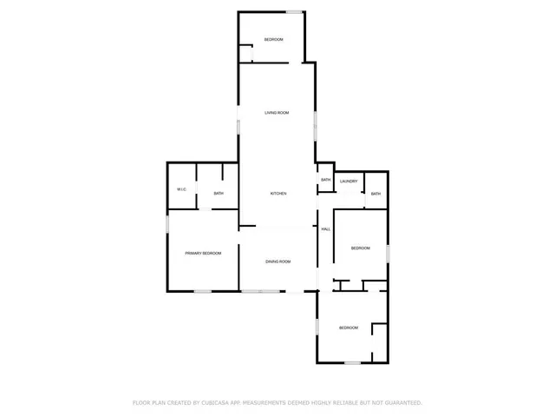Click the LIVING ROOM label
point(277,113)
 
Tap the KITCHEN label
point(277,193)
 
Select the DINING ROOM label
point(277,261)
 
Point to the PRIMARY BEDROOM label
point(203,253)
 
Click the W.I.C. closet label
point(182,189)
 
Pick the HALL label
point(326,228)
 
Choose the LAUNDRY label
point(349,181)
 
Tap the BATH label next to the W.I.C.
point(219,193)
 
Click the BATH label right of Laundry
point(375,193)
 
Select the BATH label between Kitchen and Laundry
point(325,180)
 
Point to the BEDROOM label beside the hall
point(360,248)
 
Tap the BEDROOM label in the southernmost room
point(348,328)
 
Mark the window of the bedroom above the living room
point(295,11)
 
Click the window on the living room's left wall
point(239,125)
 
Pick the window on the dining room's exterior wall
point(255,291)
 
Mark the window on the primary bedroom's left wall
point(167,224)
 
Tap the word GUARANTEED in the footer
point(402,403)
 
